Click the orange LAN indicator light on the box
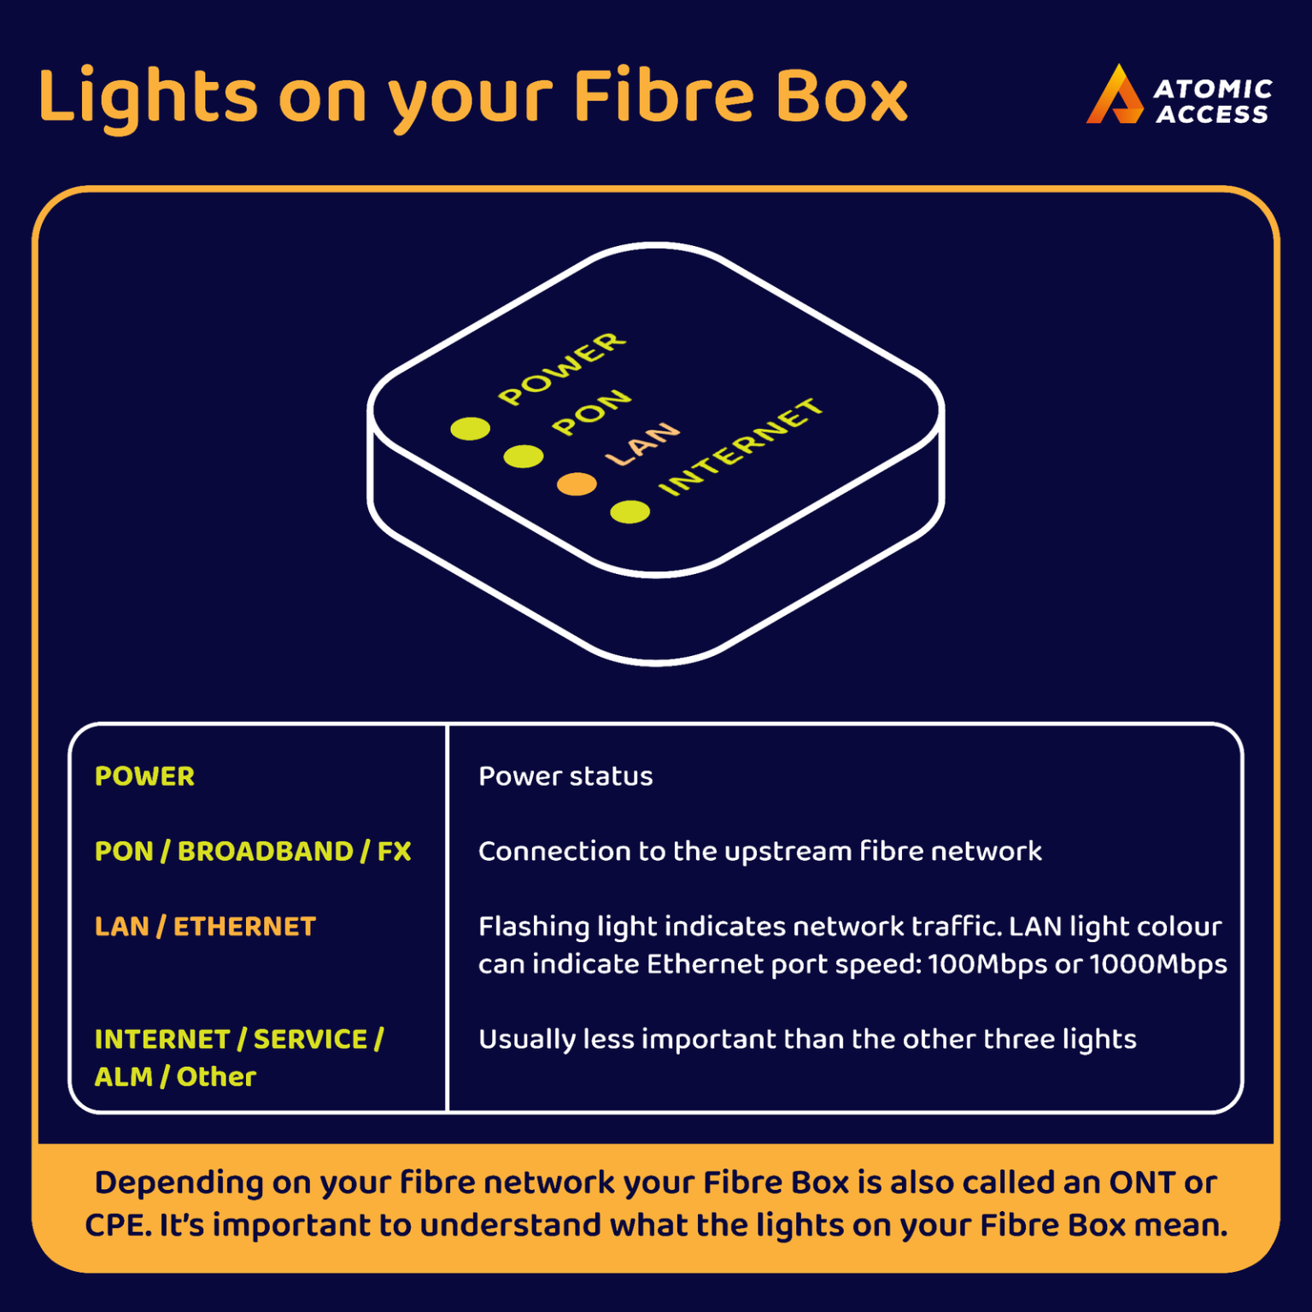577,484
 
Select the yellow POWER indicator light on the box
471,428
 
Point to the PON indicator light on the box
524,456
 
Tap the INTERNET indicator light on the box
630,512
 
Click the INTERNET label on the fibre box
741,447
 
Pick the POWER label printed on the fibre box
562,369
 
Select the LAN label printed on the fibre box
642,443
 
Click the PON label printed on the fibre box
591,413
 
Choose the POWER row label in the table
144,776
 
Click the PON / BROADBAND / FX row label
253,852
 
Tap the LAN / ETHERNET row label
205,927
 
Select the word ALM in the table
123,1077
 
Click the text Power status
565,776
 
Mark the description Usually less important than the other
806,1040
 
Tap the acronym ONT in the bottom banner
1142,1183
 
